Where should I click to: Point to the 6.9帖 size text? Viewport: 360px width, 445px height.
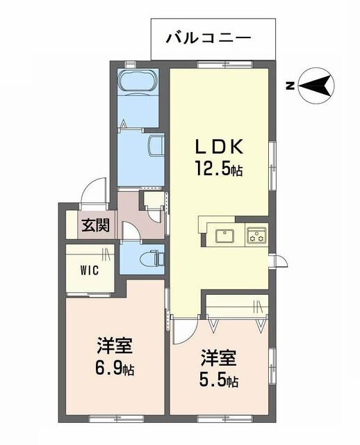point(115,369)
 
